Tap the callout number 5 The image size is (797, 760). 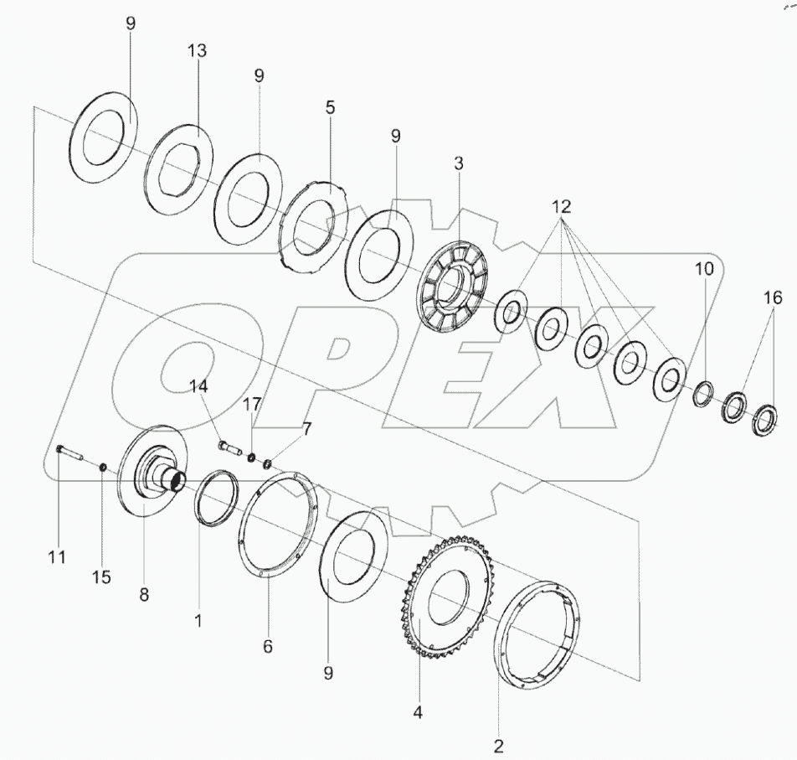(330, 108)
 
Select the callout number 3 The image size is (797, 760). (459, 164)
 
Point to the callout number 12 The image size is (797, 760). (561, 206)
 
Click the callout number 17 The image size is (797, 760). (252, 404)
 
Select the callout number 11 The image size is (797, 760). (57, 556)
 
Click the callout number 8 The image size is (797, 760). (144, 595)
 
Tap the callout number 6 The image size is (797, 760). (267, 647)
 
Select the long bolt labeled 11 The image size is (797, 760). (69, 455)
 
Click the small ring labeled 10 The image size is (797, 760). (704, 392)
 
